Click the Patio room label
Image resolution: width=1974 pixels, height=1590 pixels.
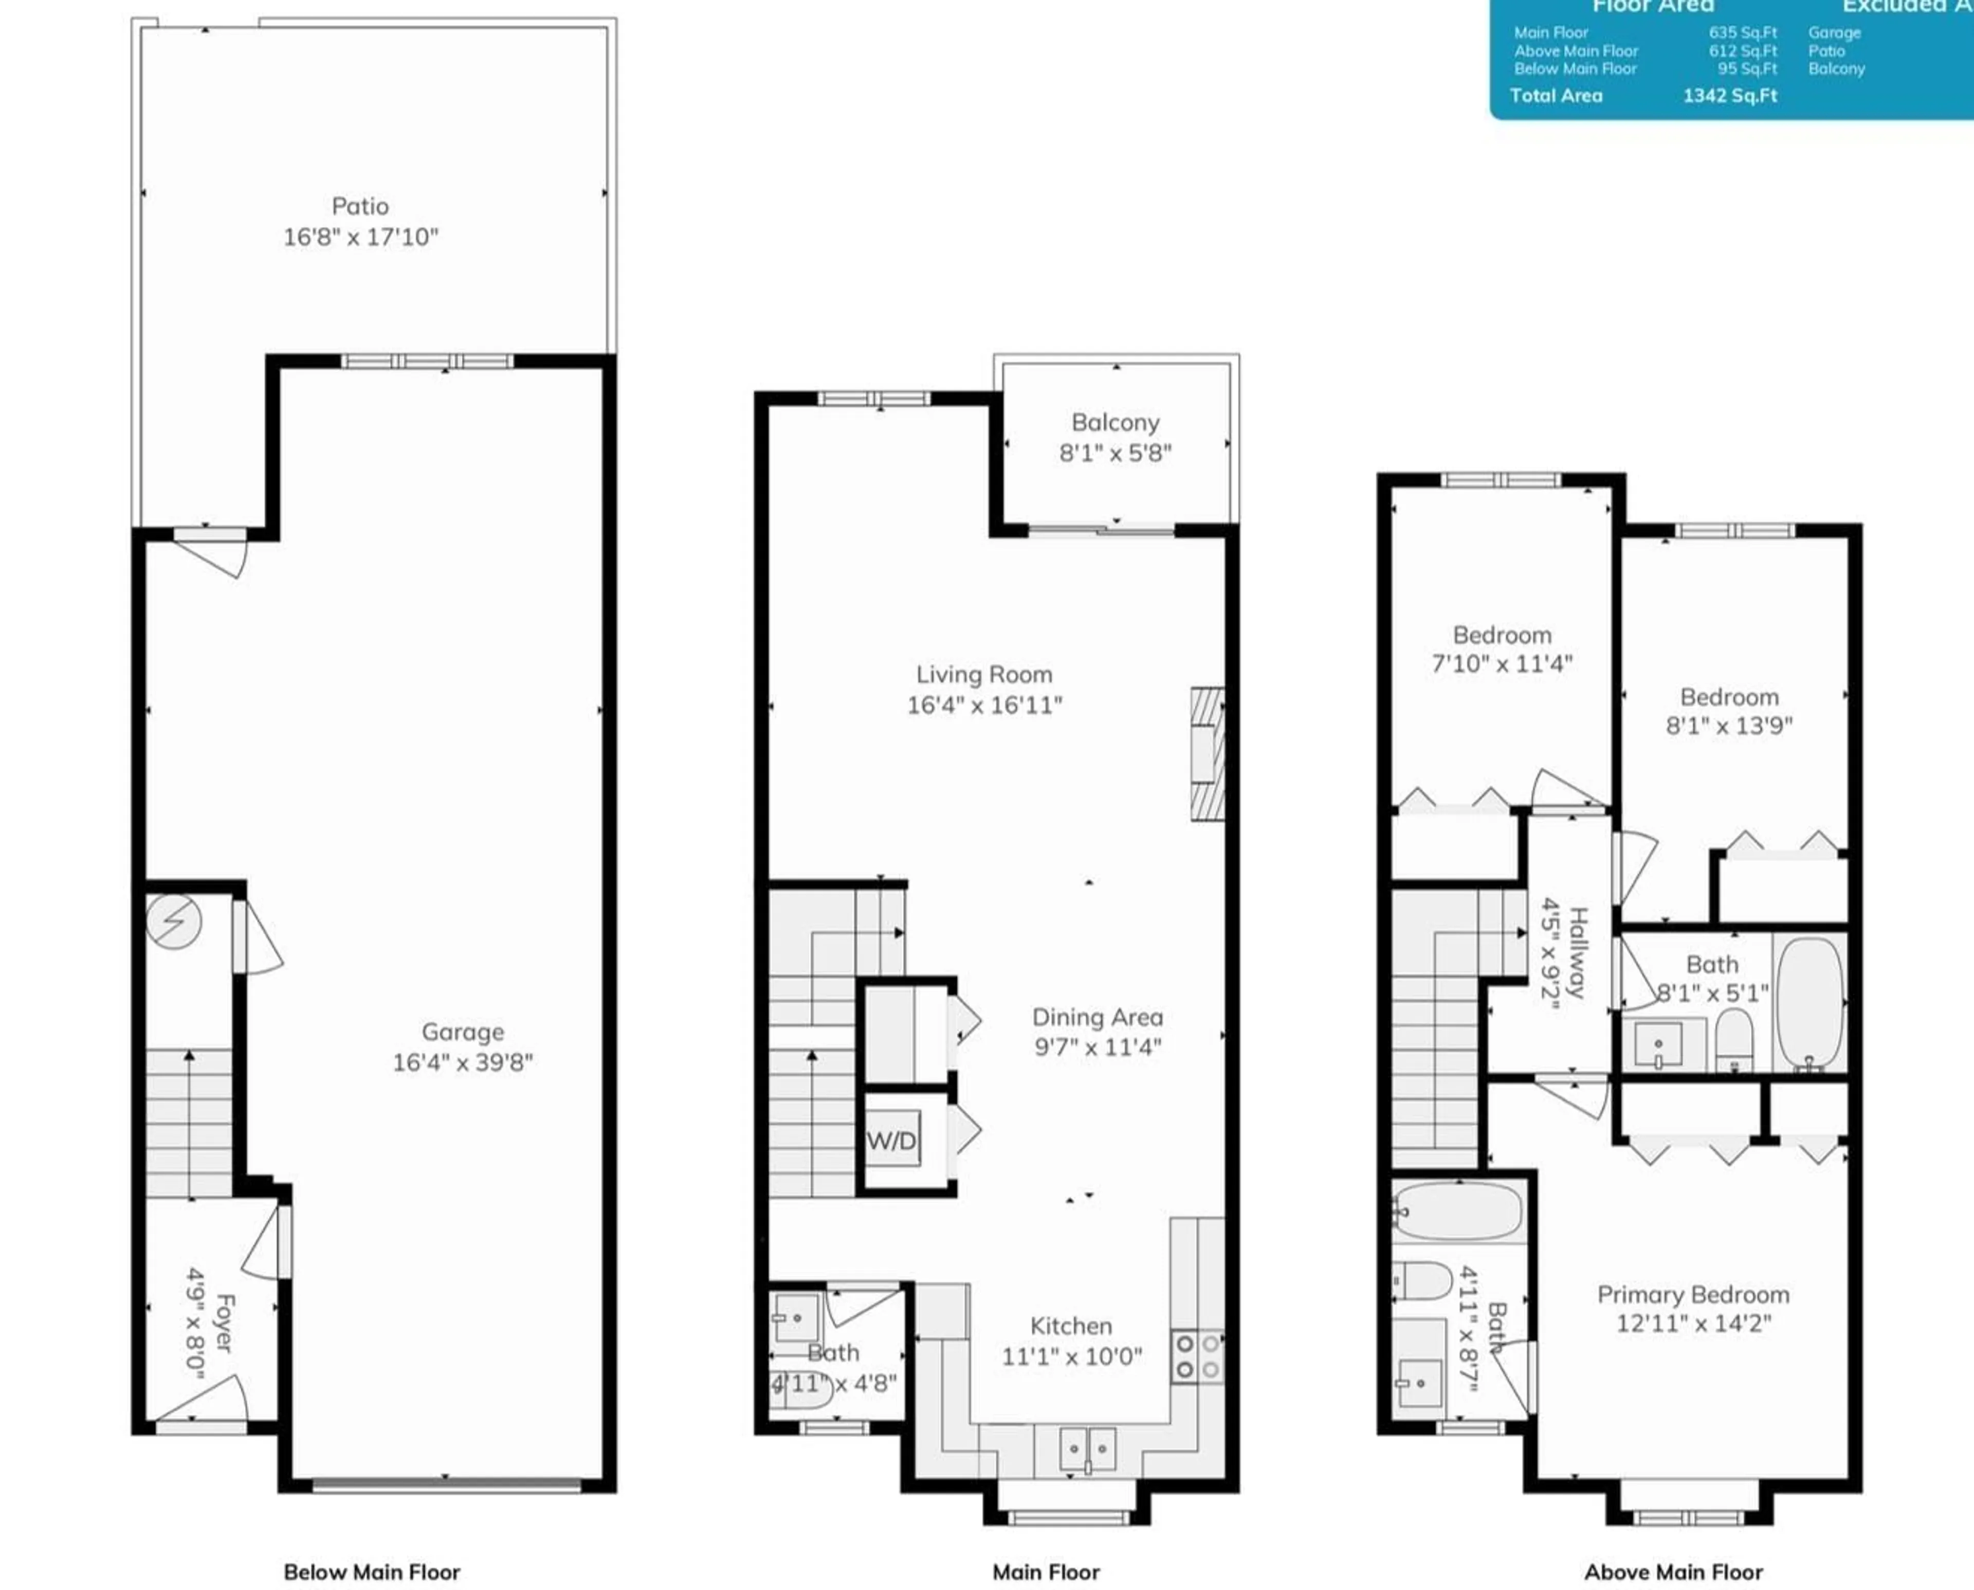click(360, 206)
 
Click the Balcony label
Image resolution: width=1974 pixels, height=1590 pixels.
click(1115, 422)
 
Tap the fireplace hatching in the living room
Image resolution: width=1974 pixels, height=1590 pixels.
click(1207, 754)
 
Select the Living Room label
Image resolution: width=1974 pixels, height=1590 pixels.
click(984, 675)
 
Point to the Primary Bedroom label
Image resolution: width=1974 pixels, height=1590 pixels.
click(1693, 1295)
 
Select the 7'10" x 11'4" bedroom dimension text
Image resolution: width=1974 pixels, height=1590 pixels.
click(1502, 664)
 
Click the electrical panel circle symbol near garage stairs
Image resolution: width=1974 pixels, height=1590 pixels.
click(174, 920)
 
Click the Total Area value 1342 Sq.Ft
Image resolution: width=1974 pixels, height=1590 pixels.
click(1729, 95)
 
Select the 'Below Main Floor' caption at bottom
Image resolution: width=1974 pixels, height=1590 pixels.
click(372, 1571)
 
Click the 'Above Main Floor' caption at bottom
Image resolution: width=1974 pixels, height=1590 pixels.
click(1674, 1571)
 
